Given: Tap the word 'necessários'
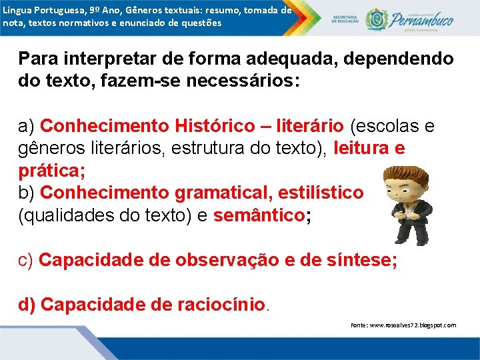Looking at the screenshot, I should [x=240, y=82].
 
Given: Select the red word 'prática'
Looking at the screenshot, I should [x=49, y=171].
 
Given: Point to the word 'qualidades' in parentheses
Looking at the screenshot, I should [x=73, y=215].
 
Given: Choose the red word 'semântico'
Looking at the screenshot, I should [x=258, y=215].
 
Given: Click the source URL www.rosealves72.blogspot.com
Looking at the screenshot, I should [x=403, y=325].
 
